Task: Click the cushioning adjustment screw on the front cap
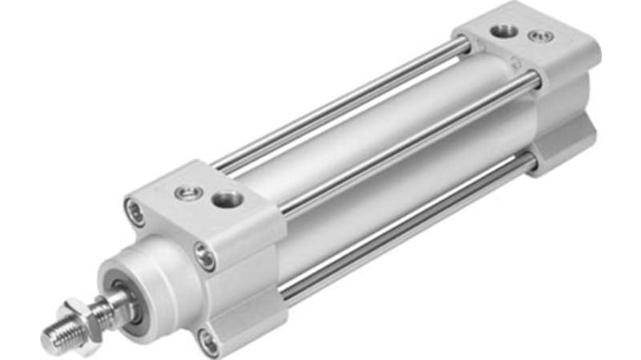(x=184, y=192)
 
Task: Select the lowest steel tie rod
(x=401, y=233)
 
